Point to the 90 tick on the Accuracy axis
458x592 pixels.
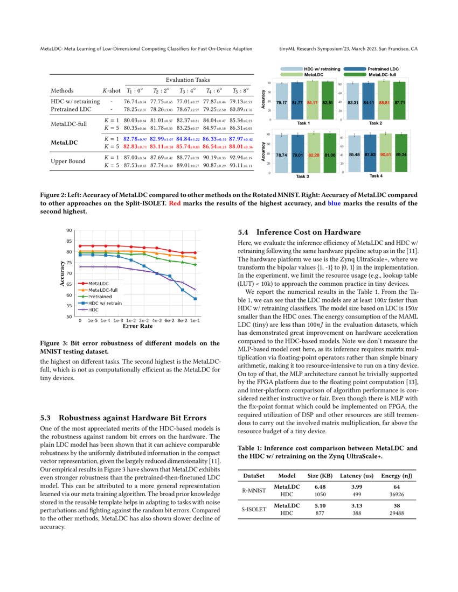(68, 230)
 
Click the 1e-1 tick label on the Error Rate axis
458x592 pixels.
(195, 320)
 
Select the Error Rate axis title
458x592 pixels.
(137, 326)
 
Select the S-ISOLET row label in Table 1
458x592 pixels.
(253, 509)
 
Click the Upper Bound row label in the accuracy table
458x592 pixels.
(69, 161)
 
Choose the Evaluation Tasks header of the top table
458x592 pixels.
(188, 80)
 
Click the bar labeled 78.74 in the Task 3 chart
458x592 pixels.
(281, 154)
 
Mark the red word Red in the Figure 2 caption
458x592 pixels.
(175, 203)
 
